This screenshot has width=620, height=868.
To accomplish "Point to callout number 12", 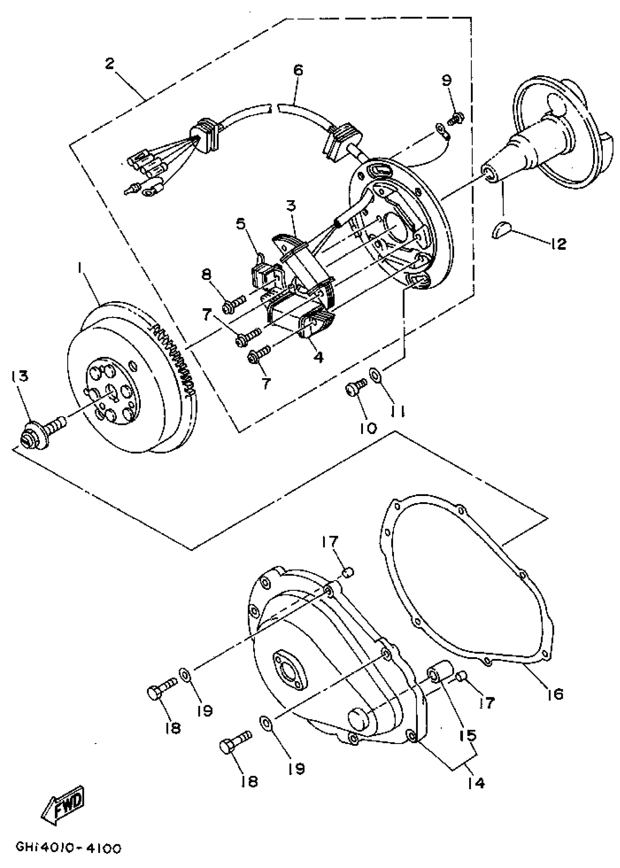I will coord(558,243).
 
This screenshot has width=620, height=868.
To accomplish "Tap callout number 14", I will coord(475,783).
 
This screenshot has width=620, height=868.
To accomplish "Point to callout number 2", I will coord(109,63).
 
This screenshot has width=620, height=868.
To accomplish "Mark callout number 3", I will coord(291,206).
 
